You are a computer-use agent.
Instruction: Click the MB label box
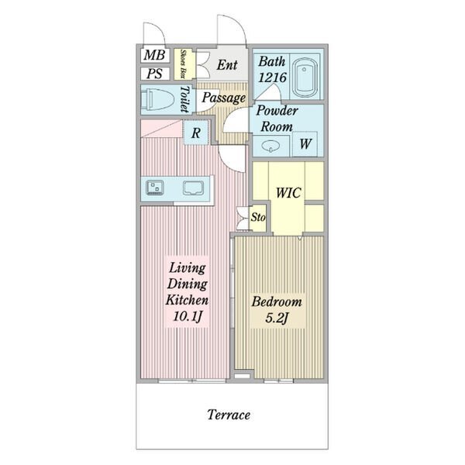tap(155, 55)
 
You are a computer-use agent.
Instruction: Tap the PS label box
tap(155, 74)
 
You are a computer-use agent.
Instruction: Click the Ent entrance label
tap(227, 65)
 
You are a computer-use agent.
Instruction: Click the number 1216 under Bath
tap(272, 77)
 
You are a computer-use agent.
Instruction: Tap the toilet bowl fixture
tap(157, 100)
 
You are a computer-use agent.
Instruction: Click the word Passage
tap(224, 98)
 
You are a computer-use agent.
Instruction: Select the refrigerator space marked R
tap(196, 133)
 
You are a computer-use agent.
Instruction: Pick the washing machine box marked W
tap(305, 144)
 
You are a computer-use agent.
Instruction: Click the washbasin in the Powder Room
tap(270, 146)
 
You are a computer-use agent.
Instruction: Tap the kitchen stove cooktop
tap(155, 188)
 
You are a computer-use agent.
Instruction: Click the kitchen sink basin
tap(193, 188)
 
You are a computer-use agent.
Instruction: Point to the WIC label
tap(288, 193)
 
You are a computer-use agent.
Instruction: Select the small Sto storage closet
tap(258, 218)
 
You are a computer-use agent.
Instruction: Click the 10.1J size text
tap(188, 317)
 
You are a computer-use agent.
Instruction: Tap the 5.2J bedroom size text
tap(277, 319)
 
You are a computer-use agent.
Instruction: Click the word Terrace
tap(229, 415)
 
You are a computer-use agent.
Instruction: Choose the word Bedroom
tap(277, 302)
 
